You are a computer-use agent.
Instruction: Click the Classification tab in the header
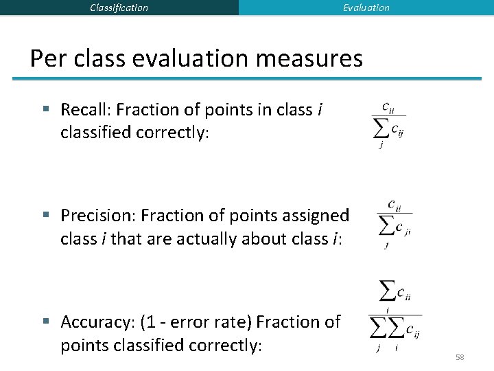[119, 8]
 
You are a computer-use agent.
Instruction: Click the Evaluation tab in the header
[366, 8]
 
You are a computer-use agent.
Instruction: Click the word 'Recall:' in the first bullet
[86, 109]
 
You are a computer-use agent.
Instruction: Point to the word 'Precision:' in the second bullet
[98, 216]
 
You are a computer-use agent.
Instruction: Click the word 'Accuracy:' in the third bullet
[97, 322]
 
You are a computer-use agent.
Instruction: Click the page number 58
[460, 357]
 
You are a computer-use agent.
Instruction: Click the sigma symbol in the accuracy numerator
[388, 293]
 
